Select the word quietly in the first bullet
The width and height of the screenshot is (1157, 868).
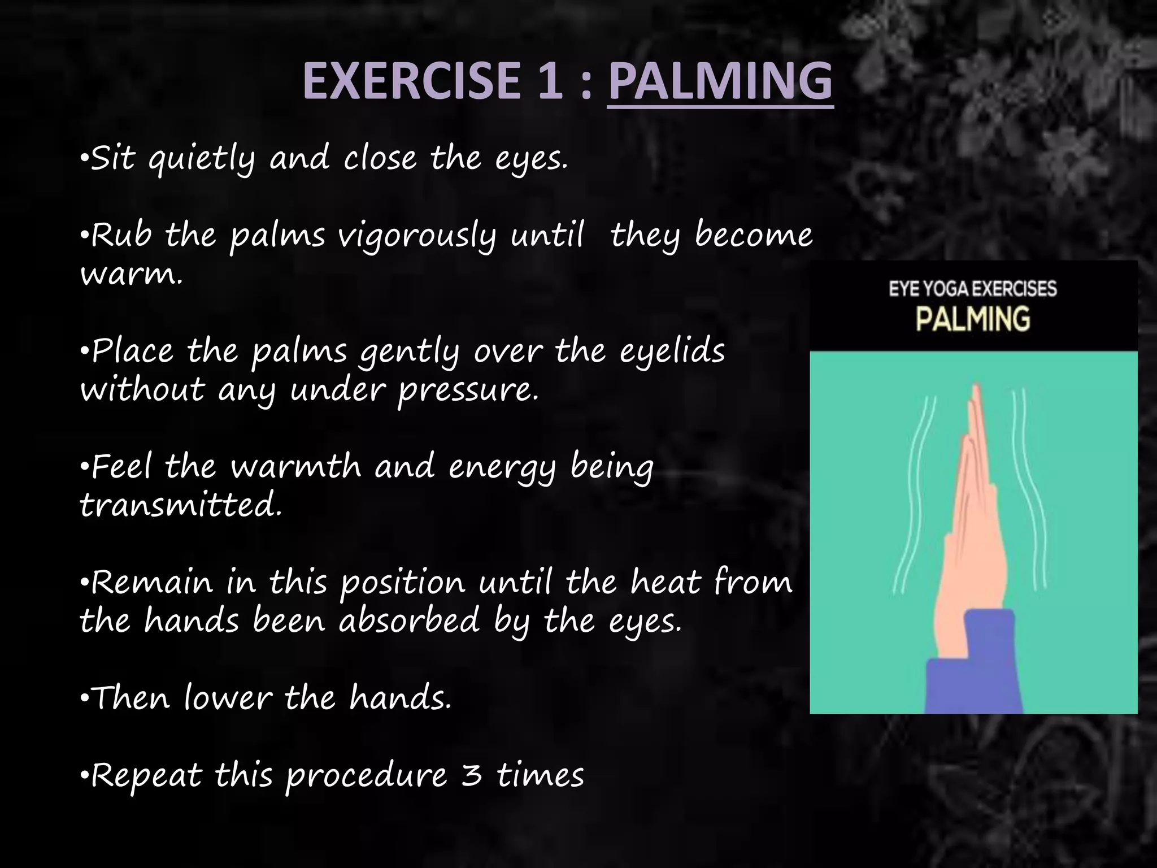point(202,160)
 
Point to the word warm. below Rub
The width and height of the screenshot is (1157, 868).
point(131,276)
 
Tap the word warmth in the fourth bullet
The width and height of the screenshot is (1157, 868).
point(296,468)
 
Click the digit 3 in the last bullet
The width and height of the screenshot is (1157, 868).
point(472,775)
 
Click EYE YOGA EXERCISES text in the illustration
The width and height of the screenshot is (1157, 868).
point(972,289)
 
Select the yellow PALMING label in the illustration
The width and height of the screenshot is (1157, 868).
point(972,319)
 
